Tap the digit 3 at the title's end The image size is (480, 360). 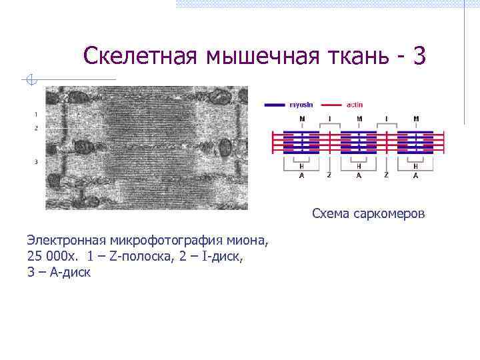(x=418, y=56)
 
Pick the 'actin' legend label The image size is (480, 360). (x=355, y=105)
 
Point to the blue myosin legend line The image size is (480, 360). (x=275, y=105)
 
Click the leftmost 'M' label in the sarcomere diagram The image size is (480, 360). (x=303, y=119)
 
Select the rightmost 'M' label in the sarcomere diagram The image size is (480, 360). (x=416, y=119)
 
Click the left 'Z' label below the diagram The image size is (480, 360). (x=329, y=175)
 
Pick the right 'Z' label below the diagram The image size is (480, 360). (x=386, y=175)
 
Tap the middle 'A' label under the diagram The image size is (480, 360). (x=359, y=175)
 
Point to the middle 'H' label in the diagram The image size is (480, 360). (x=359, y=166)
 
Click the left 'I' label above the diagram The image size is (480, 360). (x=329, y=119)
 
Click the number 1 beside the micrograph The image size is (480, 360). (x=35, y=114)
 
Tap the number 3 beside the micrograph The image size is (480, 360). (x=35, y=161)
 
